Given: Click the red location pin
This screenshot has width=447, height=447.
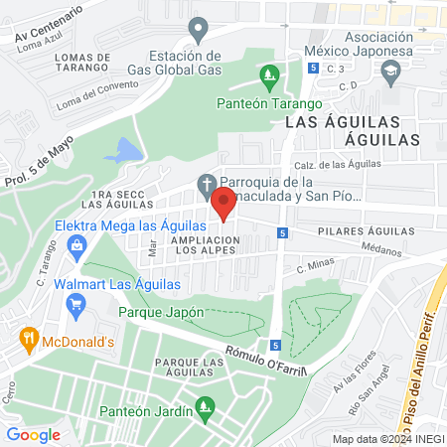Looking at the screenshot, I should (223, 205).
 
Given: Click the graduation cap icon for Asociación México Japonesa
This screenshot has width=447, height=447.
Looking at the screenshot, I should (390, 71).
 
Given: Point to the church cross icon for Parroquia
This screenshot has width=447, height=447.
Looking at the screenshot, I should (206, 183).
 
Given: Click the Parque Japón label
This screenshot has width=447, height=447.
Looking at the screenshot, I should (154, 312).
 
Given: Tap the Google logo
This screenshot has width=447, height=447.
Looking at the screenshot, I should (33, 434).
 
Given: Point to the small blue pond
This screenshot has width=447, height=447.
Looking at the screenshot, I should (122, 151).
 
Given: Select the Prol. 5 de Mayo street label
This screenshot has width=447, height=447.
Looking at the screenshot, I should (39, 163).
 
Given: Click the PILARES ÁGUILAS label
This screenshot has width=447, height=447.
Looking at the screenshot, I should (365, 231).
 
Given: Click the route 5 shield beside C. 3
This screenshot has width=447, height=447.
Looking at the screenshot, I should (314, 68).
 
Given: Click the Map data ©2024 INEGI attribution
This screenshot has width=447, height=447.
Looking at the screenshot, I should (387, 438).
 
